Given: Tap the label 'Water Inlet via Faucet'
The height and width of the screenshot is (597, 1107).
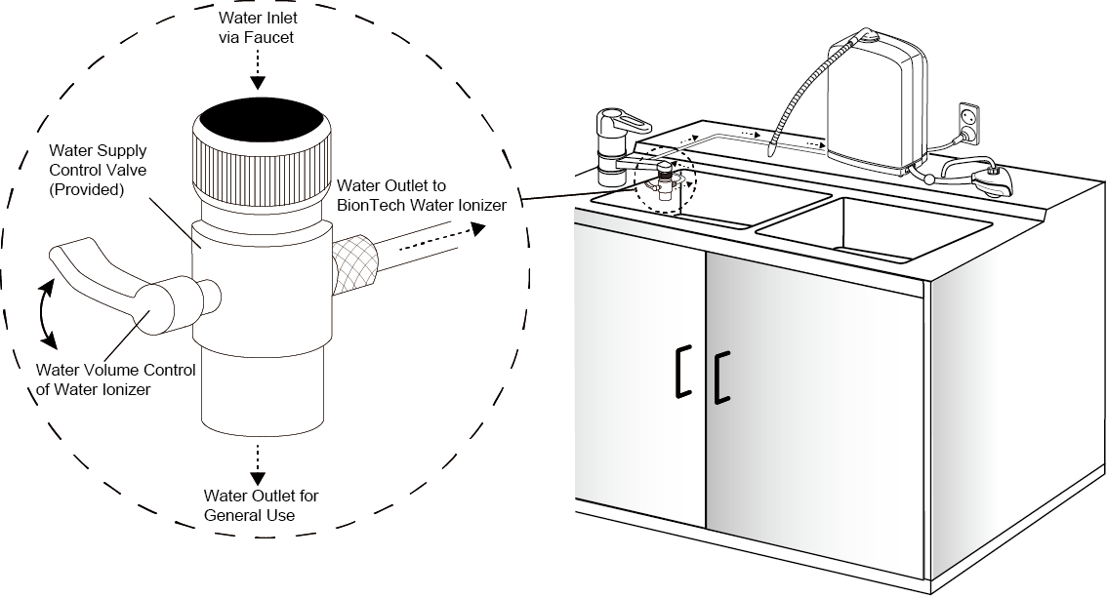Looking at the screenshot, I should point(259,29).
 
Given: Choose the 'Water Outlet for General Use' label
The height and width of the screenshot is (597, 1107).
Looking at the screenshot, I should point(261,504).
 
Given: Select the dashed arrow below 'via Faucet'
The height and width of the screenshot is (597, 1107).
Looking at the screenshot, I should point(259,70).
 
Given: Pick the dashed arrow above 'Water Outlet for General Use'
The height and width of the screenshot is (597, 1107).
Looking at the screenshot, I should point(258,462).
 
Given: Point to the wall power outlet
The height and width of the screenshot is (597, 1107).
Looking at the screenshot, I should point(969,120).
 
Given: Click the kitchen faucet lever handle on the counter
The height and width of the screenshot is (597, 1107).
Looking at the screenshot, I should point(625,123).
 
